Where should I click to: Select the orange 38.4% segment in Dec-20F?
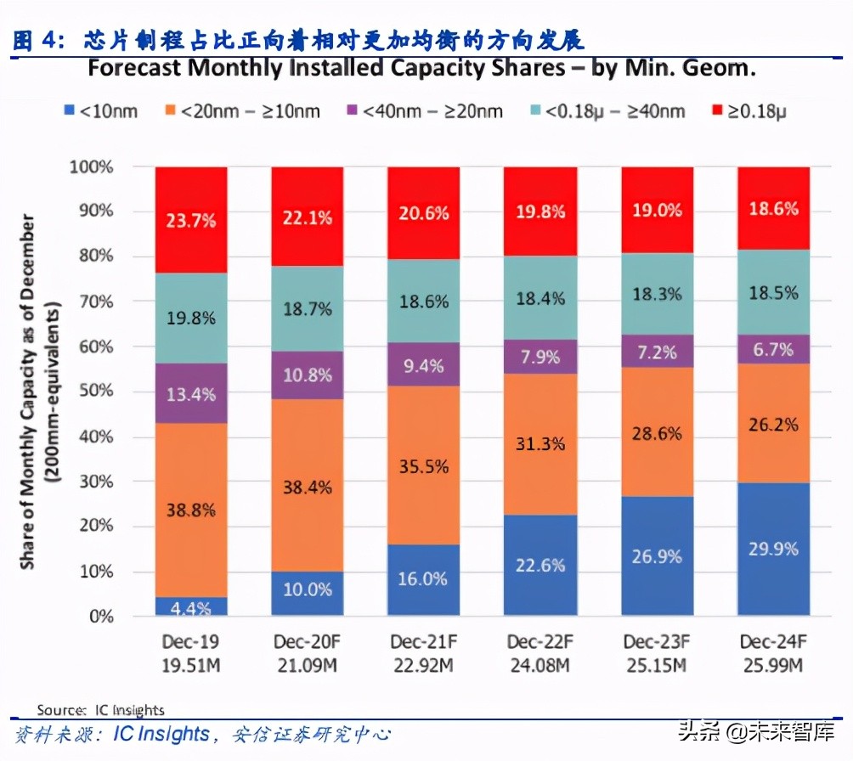[x=308, y=486]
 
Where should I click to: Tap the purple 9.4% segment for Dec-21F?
[x=423, y=366]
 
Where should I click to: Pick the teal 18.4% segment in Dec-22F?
[x=539, y=298]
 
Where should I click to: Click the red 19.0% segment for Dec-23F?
[x=656, y=210]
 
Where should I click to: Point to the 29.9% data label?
[x=772, y=549]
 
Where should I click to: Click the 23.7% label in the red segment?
[x=191, y=221]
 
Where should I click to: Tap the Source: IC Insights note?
[x=100, y=709]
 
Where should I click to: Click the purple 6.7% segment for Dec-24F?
[x=772, y=349]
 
